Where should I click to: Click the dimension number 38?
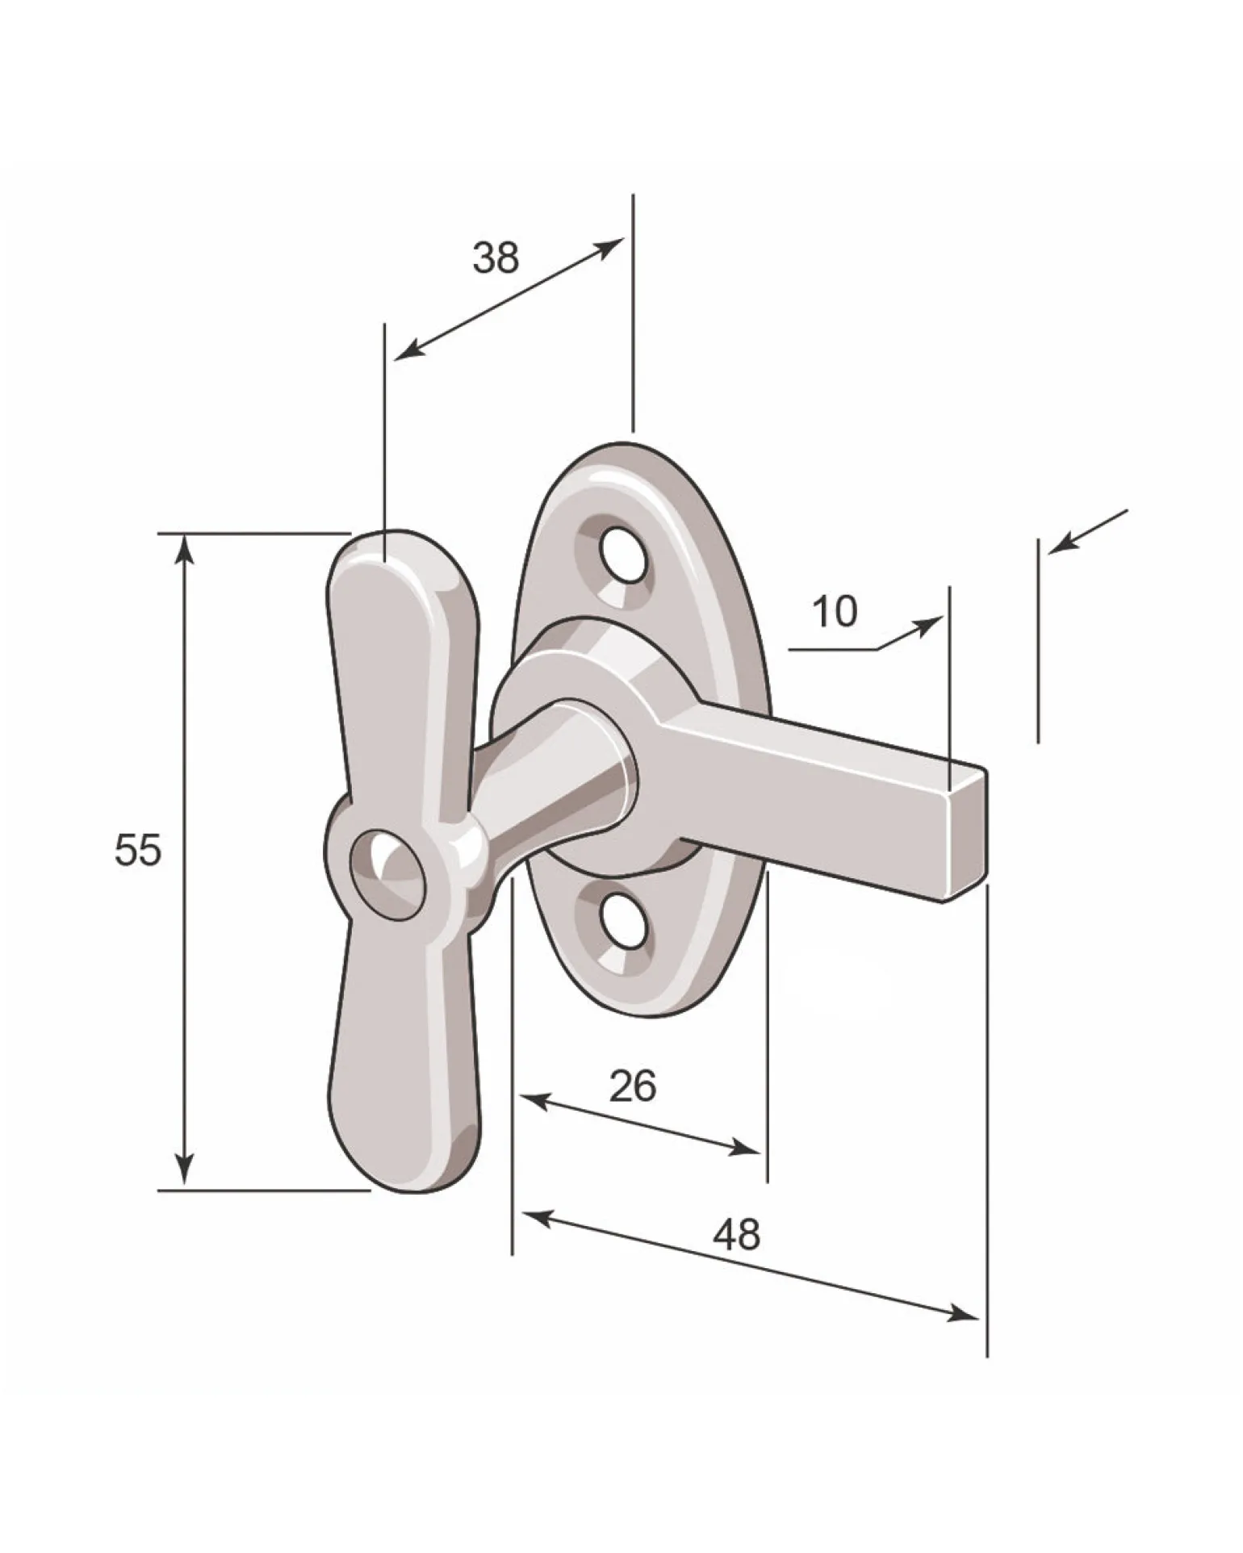[496, 257]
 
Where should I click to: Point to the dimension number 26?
[633, 1086]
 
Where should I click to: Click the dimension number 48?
[737, 1234]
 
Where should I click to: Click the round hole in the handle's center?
[386, 874]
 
